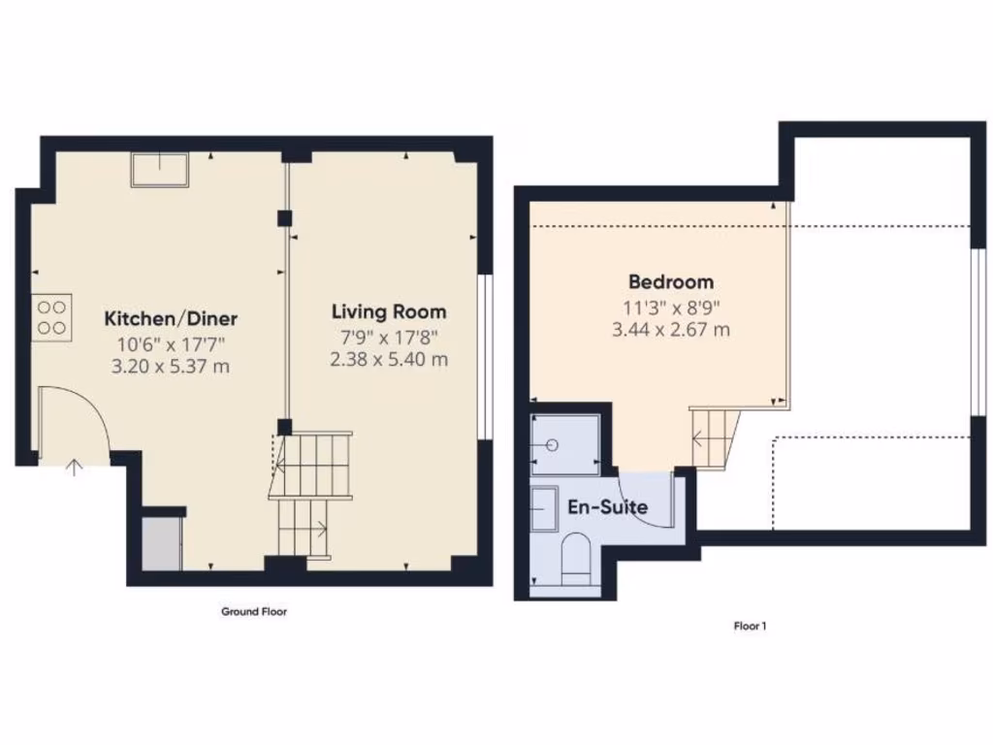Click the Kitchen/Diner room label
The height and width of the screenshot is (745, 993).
[171, 318]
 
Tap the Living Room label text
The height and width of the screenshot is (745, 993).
[389, 311]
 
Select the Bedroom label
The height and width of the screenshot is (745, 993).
[671, 282]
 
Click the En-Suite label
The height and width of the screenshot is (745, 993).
[607, 506]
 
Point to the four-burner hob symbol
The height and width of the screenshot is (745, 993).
[52, 316]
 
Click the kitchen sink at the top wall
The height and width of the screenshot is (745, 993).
[160, 170]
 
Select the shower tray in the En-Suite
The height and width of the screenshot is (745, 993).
[565, 444]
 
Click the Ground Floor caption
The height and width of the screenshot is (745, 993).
[254, 612]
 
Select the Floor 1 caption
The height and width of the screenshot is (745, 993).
[750, 627]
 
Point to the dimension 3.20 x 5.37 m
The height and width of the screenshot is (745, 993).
[171, 366]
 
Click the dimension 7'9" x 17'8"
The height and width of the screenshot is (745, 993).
[389, 337]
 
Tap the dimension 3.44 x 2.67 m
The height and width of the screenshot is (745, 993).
[671, 330]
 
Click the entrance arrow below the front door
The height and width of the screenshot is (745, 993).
[75, 468]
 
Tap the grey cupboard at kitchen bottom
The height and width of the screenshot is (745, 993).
[161, 544]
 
